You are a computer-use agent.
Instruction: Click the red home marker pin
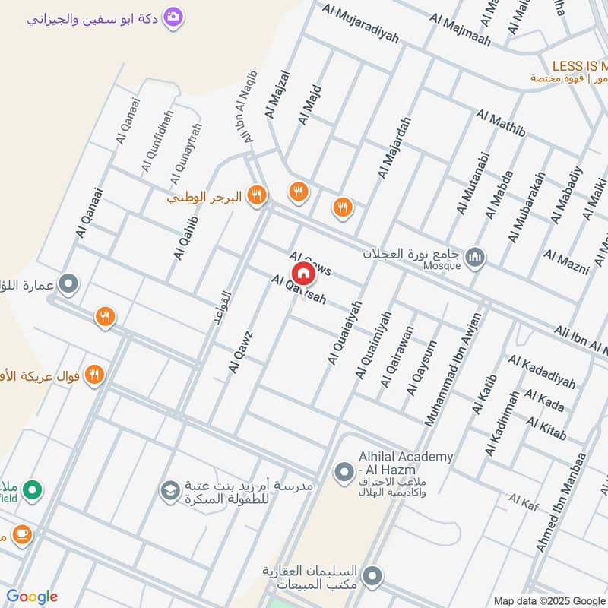pos(303,272)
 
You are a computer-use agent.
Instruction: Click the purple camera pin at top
pos(174,17)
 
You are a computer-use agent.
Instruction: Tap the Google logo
pos(31,597)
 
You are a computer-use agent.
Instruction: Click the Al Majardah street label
pos(394,147)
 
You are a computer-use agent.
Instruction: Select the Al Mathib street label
pos(501,125)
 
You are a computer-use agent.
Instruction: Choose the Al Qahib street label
pos(185,237)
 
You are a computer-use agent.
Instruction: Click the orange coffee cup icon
pos(22,535)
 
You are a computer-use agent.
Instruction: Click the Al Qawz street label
pos(240,351)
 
